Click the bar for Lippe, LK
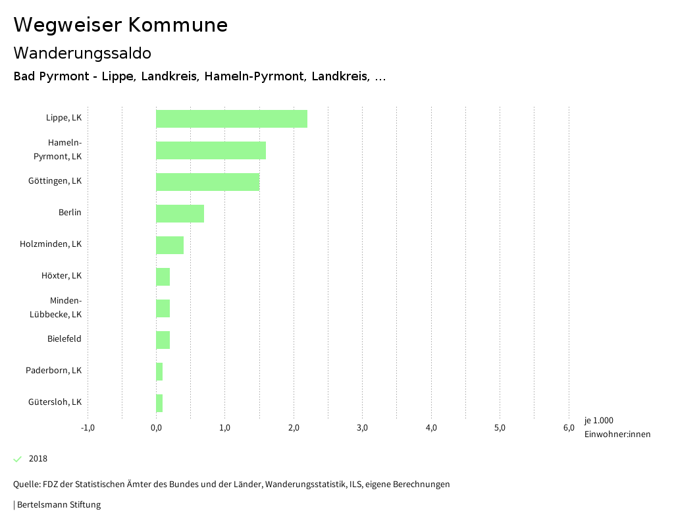click(x=232, y=118)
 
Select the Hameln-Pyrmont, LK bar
click(x=211, y=150)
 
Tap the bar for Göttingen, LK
click(x=207, y=182)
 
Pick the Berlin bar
click(x=180, y=213)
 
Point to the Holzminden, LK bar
click(x=170, y=245)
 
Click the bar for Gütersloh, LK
click(x=159, y=403)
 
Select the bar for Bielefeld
click(x=163, y=340)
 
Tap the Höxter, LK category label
click(x=61, y=276)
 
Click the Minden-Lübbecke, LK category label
click(x=56, y=307)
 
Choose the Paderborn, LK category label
click(x=53, y=371)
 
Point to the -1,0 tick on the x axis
click(x=88, y=428)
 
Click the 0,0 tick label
click(x=156, y=428)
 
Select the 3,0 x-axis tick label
click(x=362, y=428)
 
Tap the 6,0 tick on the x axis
click(x=569, y=428)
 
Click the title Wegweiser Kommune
click(x=120, y=25)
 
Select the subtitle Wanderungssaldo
click(x=82, y=53)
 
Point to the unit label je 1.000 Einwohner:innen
click(x=617, y=427)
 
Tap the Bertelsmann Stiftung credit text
click(x=58, y=505)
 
